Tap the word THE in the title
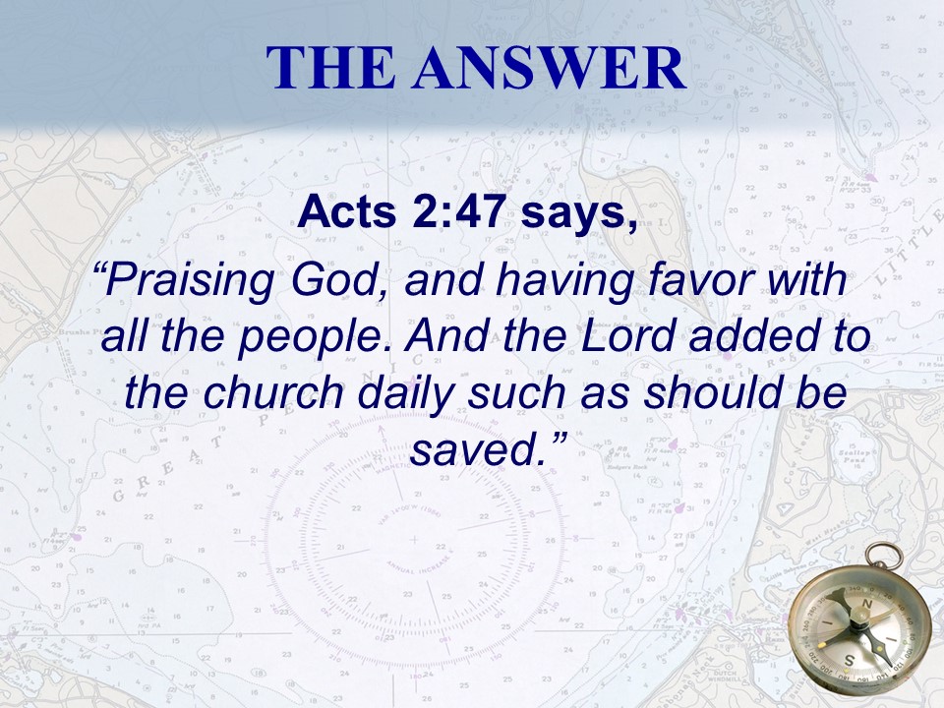point(330,67)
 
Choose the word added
point(752,336)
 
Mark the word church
point(274,392)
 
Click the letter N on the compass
point(867,603)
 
